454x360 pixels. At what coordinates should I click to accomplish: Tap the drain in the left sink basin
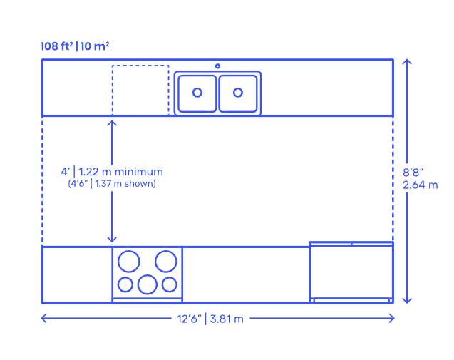pos(197,93)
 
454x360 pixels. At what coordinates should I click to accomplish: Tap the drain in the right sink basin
pos(238,93)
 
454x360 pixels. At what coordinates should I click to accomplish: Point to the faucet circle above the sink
pos(217,66)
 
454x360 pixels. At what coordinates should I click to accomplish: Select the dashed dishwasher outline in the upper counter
pos(140,90)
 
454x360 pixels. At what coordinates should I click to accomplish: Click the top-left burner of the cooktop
pos(129,262)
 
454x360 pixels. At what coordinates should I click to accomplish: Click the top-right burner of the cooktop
pos(166,262)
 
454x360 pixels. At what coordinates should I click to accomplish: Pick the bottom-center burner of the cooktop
pos(148,284)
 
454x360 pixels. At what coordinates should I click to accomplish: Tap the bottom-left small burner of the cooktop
pos(125,284)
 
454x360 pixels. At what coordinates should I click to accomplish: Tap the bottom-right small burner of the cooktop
pos(170,284)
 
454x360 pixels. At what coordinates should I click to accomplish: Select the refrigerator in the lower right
pos(351,272)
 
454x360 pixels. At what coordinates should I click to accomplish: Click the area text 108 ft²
pos(57,46)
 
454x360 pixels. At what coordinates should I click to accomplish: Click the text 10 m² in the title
pos(95,46)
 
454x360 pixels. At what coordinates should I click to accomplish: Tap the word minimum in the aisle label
pos(140,172)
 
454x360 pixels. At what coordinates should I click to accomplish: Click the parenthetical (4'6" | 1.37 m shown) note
pos(112,184)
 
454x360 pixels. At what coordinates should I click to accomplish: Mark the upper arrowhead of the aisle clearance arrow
pos(112,123)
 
